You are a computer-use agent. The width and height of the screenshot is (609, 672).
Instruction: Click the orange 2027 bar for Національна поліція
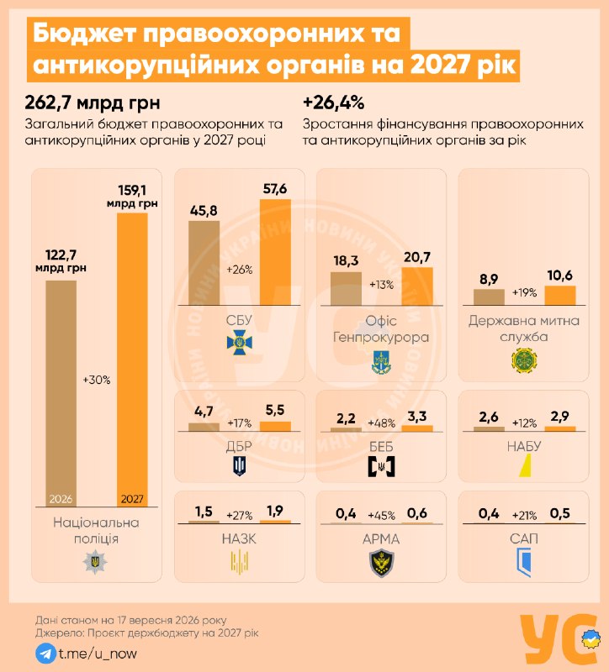tap(132, 360)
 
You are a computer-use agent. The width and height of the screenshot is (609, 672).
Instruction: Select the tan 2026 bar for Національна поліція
tap(61, 393)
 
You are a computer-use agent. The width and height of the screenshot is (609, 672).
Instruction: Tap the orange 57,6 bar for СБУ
tap(275, 252)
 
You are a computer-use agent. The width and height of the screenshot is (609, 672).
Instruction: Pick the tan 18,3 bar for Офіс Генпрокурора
tap(346, 288)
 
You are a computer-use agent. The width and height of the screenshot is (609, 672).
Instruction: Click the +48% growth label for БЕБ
tap(382, 423)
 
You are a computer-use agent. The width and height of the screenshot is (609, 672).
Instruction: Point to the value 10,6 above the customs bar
tap(560, 276)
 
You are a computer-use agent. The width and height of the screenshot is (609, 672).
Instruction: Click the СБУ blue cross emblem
tap(240, 342)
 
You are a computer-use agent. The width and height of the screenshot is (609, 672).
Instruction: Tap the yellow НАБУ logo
tap(525, 465)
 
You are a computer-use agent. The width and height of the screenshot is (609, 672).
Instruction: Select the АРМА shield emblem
tap(382, 563)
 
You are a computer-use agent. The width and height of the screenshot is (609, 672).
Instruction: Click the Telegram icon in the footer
tap(45, 654)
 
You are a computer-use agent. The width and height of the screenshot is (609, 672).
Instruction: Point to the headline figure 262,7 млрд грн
tap(93, 102)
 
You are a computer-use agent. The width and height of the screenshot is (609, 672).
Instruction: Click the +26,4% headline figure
tap(333, 102)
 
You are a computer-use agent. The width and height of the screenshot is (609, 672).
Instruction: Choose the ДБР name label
tap(239, 447)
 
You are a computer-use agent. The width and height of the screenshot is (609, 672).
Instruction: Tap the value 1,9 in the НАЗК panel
tap(275, 511)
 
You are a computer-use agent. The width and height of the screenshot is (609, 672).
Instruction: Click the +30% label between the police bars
tap(97, 380)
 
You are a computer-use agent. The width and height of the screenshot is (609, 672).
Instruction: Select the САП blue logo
tap(524, 562)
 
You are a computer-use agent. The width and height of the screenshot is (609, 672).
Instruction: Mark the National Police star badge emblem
tap(95, 562)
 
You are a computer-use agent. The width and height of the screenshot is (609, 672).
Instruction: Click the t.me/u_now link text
tap(98, 654)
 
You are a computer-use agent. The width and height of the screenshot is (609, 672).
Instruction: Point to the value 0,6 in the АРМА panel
tap(417, 513)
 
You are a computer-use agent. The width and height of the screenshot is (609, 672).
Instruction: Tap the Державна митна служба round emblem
tap(524, 360)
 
